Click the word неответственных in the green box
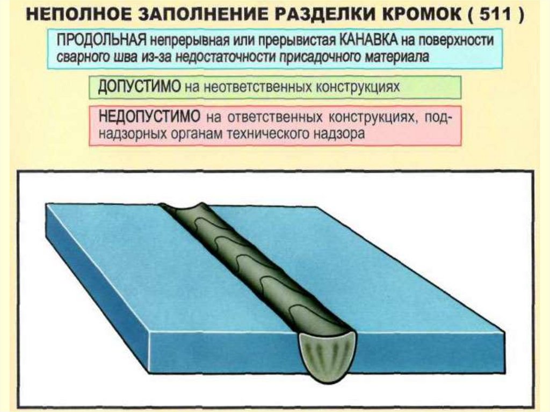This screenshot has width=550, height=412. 243,87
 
